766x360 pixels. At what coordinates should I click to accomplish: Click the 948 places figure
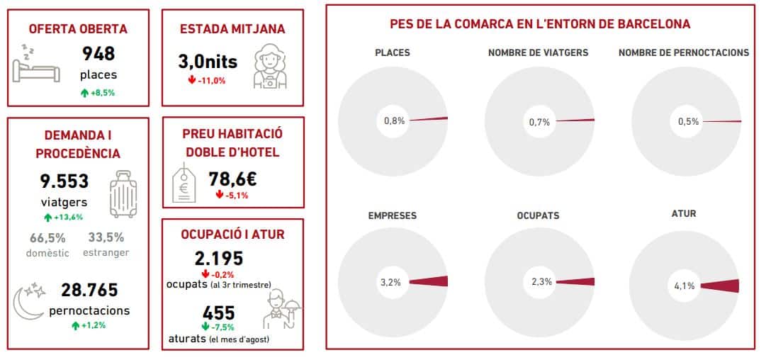pos(98,54)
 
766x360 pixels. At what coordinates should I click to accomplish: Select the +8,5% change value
pos(98,92)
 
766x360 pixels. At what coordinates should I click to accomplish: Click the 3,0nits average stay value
pos(208,62)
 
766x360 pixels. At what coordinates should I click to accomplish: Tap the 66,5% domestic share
pos(48,237)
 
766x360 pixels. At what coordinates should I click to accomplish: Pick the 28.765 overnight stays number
pos(89,290)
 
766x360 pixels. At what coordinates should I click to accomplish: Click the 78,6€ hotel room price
pos(232,180)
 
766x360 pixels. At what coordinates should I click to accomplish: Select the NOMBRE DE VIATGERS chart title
pos(538,52)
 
